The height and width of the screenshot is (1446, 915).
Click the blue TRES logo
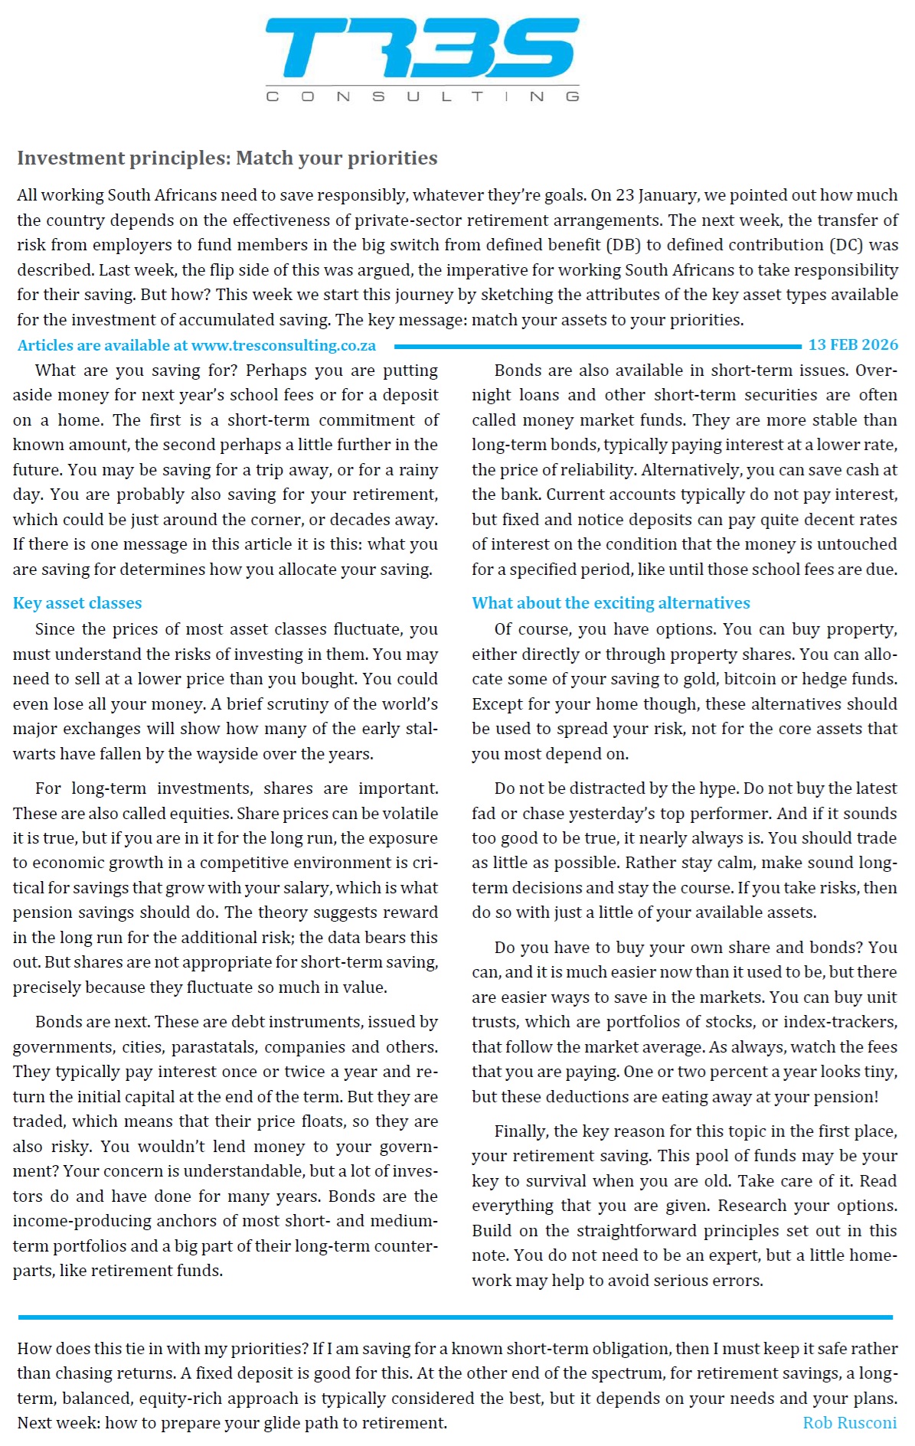click(x=422, y=49)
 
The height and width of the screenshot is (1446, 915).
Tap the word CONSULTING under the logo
click(x=422, y=96)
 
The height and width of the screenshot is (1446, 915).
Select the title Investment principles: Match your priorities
click(x=227, y=158)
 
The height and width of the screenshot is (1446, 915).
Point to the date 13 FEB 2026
click(x=853, y=345)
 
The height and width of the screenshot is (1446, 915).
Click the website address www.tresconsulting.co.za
click(x=283, y=346)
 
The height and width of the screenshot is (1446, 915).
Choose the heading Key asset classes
click(x=77, y=603)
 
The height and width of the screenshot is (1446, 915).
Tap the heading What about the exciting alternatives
click(x=610, y=603)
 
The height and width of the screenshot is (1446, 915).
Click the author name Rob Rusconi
click(x=849, y=1423)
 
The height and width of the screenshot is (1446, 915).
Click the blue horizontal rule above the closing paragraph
click(x=455, y=1317)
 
